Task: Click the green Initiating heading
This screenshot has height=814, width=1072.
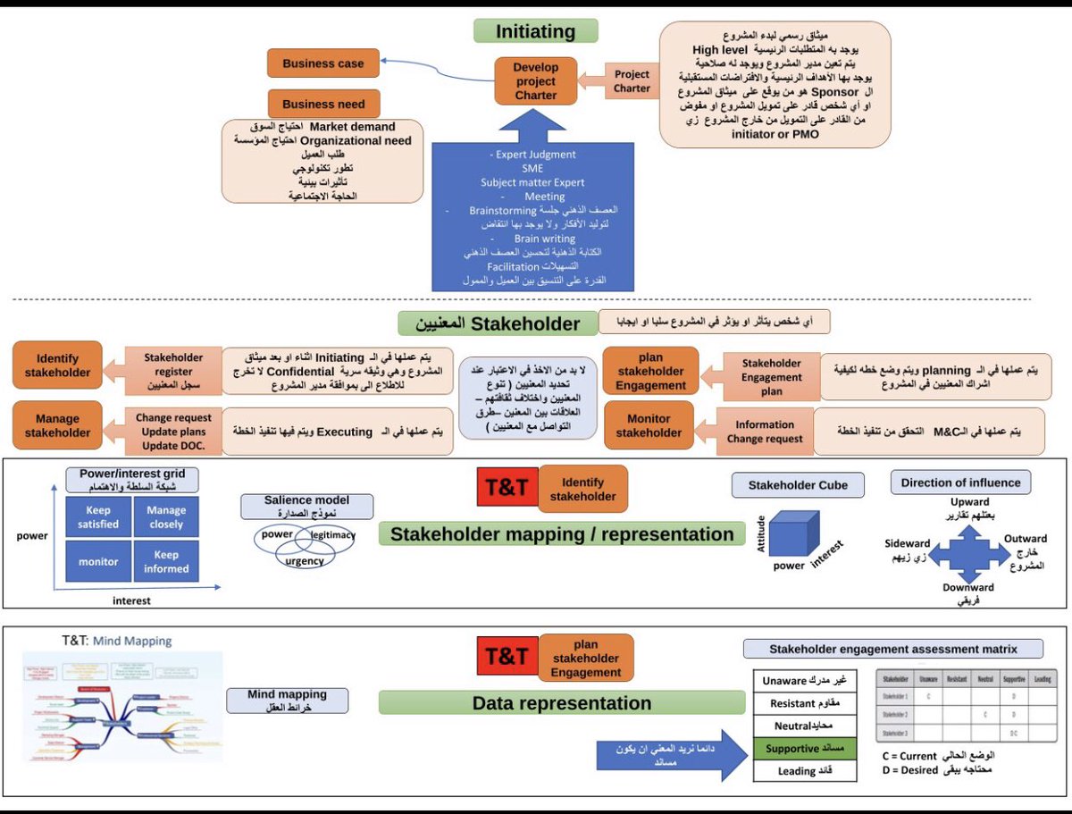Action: click(534, 32)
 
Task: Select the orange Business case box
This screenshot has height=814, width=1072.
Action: click(323, 63)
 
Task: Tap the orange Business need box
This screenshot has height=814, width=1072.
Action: click(323, 104)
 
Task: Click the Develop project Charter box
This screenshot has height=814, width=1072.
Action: click(535, 81)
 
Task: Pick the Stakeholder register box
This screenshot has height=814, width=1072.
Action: click(173, 372)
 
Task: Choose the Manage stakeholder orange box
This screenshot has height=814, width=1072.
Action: click(57, 425)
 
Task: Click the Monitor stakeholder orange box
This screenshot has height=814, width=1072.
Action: click(649, 425)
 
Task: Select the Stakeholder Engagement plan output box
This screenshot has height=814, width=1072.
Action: click(772, 376)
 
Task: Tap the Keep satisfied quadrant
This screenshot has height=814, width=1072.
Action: click(96, 516)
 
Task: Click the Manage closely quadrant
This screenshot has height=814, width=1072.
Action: click(166, 516)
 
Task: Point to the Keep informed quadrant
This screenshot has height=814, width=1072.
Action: click(166, 562)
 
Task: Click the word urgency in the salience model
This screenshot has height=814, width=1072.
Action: click(305, 561)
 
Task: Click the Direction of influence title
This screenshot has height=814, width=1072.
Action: click(959, 483)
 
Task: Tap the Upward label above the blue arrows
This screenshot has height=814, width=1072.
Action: click(969, 503)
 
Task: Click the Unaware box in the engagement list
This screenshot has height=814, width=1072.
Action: click(802, 681)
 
